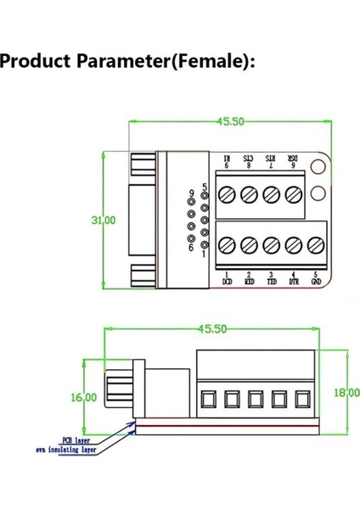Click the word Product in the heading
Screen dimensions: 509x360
click(36, 62)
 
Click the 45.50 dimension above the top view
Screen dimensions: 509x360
click(229, 121)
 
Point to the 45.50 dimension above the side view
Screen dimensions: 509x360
click(212, 329)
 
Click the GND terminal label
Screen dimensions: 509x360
click(316, 278)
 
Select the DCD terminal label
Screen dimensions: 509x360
click(227, 278)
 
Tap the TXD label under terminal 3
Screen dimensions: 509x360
click(271, 278)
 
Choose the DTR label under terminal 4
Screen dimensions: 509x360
click(293, 278)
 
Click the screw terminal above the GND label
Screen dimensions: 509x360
click(315, 245)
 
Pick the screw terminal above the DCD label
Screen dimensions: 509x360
click(227, 245)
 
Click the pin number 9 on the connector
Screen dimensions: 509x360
click(192, 194)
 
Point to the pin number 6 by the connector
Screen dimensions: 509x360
click(192, 248)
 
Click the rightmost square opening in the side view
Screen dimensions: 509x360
click(301, 397)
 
